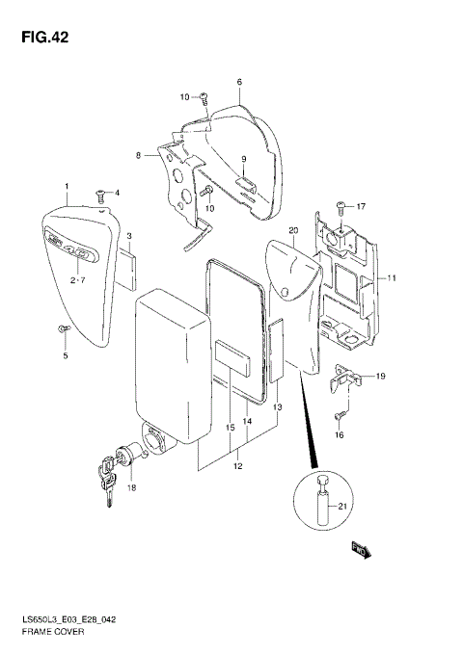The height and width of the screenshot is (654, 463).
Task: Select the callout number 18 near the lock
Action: coord(131,489)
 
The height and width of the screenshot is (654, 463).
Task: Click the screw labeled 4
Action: coord(99,195)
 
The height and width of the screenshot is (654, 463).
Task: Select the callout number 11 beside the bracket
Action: coord(393,278)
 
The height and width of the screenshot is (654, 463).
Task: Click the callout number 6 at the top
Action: coord(238,82)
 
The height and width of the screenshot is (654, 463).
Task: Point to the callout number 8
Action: coord(138,155)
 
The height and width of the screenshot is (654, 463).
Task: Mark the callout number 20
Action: coord(292,231)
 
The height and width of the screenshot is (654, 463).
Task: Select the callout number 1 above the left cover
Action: coord(67,185)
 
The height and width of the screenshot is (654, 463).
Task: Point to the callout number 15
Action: coord(230,428)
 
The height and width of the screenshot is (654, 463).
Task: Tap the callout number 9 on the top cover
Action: coord(245,159)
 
